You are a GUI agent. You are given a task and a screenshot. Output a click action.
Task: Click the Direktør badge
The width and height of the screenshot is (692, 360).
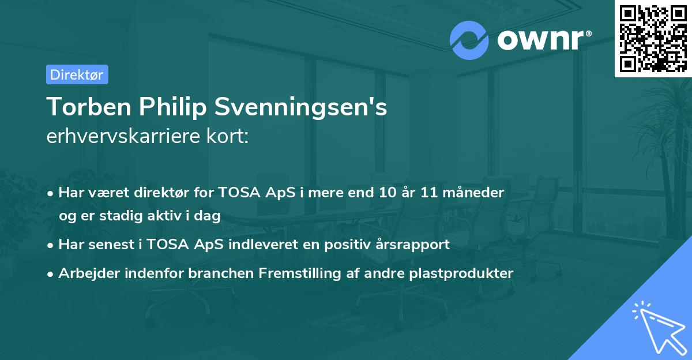click(x=77, y=74)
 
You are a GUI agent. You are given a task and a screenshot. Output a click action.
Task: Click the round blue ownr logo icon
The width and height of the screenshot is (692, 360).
click(x=469, y=40)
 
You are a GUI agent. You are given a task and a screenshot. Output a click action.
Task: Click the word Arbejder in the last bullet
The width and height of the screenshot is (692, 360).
click(x=85, y=273)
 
